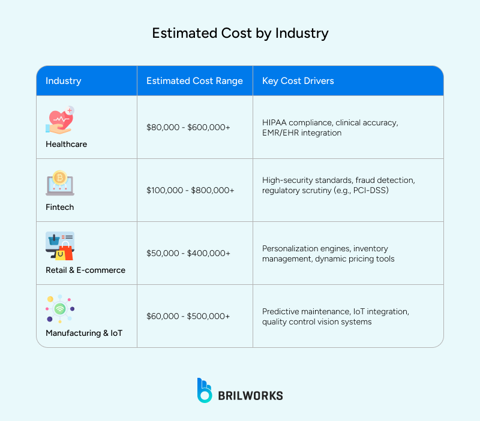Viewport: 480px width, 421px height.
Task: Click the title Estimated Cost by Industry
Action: tap(240, 33)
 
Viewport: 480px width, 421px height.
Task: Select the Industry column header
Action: tap(63, 81)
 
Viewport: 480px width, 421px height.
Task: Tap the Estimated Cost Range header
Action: tap(194, 81)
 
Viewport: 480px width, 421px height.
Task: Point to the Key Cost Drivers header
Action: tap(298, 81)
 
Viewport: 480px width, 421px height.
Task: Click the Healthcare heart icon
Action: tap(59, 121)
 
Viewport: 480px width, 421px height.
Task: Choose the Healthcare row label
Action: tap(66, 144)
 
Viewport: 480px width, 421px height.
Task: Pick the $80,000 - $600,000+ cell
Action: tap(188, 127)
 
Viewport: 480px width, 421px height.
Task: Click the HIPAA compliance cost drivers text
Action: tap(329, 127)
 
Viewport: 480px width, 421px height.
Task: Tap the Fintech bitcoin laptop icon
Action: tap(59, 183)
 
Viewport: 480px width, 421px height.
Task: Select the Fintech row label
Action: tap(60, 207)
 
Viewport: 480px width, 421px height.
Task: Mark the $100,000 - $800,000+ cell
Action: tap(190, 190)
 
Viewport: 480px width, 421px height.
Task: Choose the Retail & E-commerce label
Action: tap(85, 270)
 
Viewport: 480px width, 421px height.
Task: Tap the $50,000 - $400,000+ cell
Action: tap(188, 253)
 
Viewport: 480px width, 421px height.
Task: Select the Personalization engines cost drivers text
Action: tap(325, 253)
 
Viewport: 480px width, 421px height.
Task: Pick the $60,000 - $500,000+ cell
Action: tap(188, 316)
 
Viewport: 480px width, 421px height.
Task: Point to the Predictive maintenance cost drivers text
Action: tap(335, 316)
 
